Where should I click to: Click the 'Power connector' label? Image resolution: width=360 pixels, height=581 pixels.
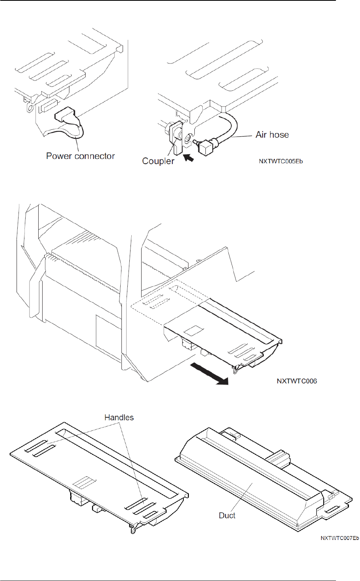click(80, 156)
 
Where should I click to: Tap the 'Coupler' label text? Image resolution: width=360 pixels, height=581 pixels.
click(158, 161)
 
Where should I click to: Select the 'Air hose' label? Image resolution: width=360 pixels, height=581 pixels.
click(272, 135)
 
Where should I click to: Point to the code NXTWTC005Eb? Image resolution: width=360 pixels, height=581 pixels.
click(281, 161)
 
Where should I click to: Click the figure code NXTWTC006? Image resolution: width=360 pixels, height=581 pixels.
click(297, 381)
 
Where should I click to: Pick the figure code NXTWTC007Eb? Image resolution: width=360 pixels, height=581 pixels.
click(339, 538)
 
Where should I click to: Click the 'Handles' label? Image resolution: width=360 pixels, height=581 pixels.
click(119, 417)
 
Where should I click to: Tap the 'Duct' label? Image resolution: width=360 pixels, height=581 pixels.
click(227, 516)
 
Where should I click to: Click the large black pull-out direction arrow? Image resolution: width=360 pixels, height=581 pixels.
click(209, 373)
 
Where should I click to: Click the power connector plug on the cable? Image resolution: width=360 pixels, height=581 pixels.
click(64, 116)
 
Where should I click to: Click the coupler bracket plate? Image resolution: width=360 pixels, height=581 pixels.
click(175, 138)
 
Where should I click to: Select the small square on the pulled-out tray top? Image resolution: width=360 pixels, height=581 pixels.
click(194, 331)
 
